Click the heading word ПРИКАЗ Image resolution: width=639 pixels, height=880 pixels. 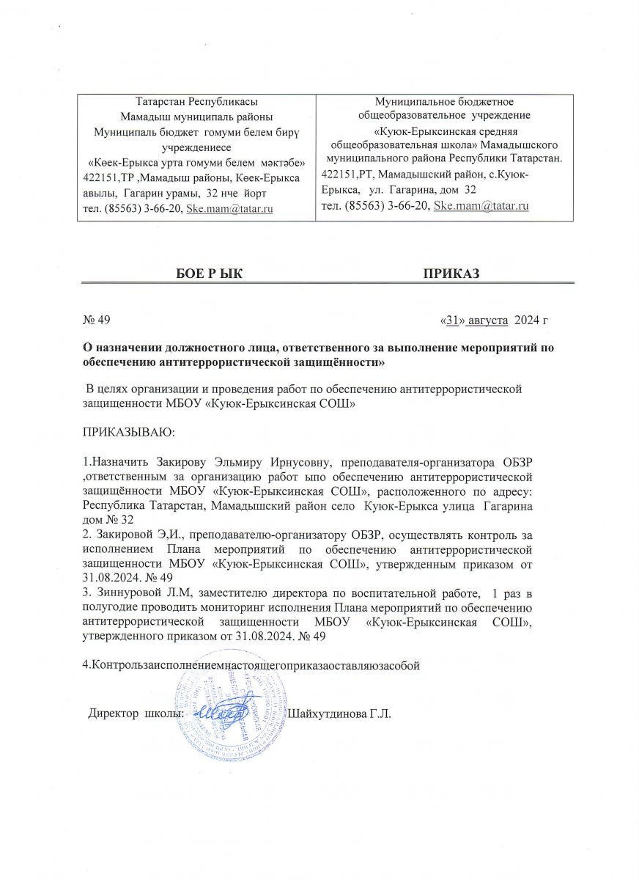pos(451,274)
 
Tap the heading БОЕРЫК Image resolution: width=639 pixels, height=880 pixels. pos(210,274)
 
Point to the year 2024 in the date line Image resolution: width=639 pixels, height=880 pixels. pos(527,320)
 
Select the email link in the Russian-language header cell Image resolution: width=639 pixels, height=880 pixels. pos(481,206)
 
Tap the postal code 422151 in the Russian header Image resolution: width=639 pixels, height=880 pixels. pos(341,176)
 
